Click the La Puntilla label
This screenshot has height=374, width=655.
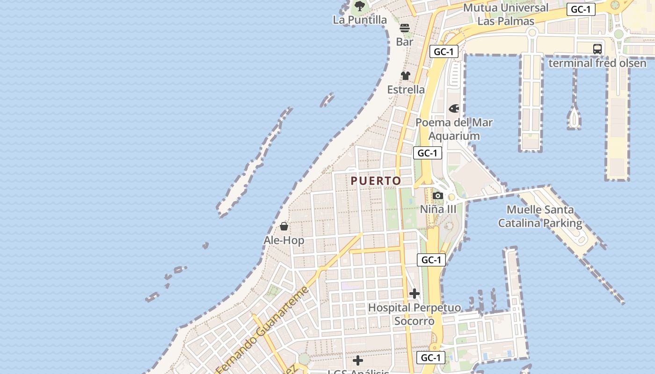[x=360, y=20]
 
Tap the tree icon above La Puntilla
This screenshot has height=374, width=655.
[x=359, y=6]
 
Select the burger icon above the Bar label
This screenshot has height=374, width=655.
[x=405, y=28]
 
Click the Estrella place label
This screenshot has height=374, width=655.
[x=406, y=89]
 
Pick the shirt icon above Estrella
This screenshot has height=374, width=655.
[x=406, y=76]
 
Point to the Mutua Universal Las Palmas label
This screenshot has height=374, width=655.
[x=505, y=14]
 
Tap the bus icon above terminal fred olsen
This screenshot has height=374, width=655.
[x=597, y=49]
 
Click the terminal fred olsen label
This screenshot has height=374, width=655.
[x=597, y=63]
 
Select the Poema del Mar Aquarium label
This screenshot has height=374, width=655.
[x=454, y=129]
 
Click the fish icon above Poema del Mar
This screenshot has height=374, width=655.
[x=454, y=109]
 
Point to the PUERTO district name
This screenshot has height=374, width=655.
[x=376, y=181]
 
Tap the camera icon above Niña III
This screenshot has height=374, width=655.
[x=438, y=195]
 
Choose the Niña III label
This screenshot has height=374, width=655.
[x=438, y=209]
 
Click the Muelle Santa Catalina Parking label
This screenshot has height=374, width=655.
[x=540, y=216]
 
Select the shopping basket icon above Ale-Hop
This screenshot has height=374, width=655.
[x=284, y=227]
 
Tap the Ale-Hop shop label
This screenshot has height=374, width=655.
[x=284, y=240]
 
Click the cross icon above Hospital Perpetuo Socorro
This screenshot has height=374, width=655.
[x=415, y=294]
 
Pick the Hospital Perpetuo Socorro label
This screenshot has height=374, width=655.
[x=415, y=314]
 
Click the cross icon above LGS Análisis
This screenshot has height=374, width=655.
[x=358, y=360]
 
